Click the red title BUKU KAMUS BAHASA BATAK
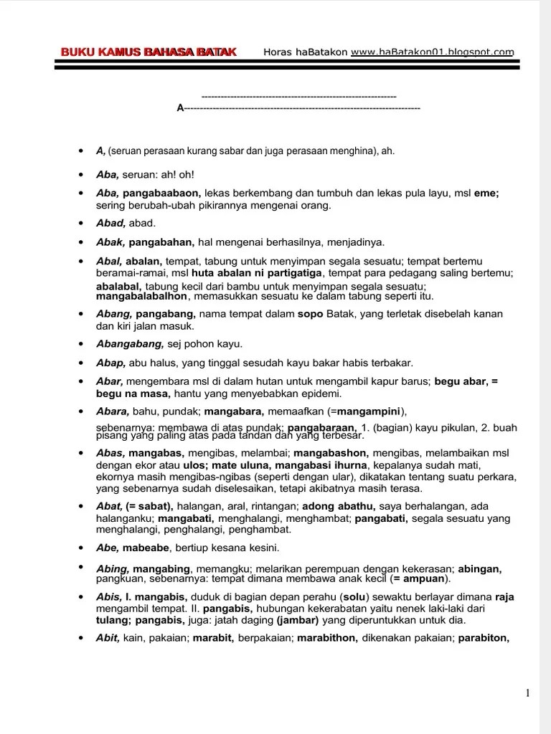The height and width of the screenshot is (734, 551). coord(149,52)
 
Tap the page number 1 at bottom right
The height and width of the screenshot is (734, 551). coord(528,692)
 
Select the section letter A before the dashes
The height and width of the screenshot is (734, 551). coord(180,108)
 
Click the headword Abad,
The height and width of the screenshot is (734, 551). coord(111,223)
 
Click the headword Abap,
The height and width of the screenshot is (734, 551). coord(111,363)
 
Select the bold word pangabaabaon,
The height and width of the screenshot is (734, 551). coord(162,194)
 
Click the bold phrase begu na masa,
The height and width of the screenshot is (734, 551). coord(133,394)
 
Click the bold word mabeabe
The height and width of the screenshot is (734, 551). coord(146,548)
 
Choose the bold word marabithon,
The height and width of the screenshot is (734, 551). coord(327,638)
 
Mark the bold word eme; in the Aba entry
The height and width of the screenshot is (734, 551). coord(486,194)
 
